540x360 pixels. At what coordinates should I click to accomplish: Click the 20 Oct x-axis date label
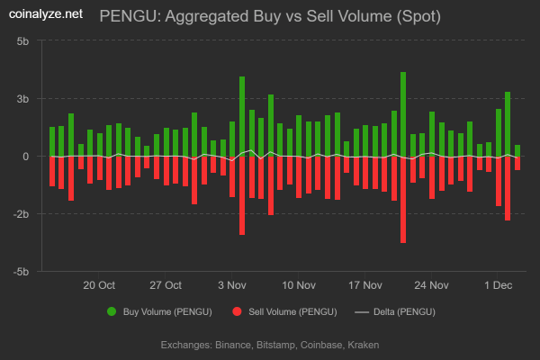99,285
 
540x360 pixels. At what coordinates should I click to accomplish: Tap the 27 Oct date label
166,285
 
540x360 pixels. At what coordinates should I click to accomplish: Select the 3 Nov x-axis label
232,285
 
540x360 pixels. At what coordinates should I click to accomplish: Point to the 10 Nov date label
299,285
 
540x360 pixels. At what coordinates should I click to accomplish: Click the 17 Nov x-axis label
365,285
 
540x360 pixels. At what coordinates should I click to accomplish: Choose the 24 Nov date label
432,285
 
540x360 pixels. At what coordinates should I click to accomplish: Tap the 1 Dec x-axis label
498,285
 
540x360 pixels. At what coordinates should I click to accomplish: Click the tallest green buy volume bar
403,112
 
